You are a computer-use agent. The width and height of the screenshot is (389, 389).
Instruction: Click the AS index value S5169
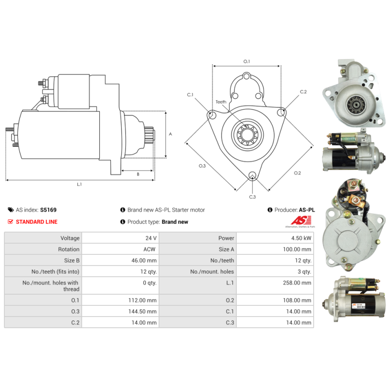click(x=48, y=210)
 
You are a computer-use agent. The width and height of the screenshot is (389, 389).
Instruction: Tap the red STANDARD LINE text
click(x=36, y=222)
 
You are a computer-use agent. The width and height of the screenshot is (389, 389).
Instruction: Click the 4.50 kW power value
click(x=301, y=238)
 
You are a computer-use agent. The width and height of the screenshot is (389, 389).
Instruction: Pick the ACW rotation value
click(x=149, y=249)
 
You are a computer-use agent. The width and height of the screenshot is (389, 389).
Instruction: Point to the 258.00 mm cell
click(x=297, y=283)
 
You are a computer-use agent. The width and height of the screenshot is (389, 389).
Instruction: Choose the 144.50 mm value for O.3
click(x=142, y=311)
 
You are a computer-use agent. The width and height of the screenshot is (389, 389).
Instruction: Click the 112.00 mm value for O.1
click(x=142, y=300)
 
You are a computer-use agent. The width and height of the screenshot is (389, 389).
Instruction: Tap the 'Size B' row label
click(x=71, y=261)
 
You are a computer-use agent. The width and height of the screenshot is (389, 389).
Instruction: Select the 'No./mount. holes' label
click(x=212, y=272)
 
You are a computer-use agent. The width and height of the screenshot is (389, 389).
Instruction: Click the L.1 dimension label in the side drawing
click(x=79, y=184)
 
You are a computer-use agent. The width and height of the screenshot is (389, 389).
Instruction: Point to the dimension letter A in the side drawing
click(x=171, y=134)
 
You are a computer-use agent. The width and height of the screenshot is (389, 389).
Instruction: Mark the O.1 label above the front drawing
click(x=247, y=61)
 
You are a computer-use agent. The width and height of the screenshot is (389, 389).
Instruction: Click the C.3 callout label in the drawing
click(x=252, y=197)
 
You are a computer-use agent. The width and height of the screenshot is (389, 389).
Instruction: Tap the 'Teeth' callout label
click(x=221, y=102)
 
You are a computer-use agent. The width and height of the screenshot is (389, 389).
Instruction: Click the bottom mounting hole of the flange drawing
click(x=252, y=175)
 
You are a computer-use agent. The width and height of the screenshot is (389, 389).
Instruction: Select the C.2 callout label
click(x=303, y=91)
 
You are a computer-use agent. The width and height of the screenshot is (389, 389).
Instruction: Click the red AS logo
click(x=301, y=220)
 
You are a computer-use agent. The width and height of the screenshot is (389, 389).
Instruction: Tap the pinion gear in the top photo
click(x=356, y=105)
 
